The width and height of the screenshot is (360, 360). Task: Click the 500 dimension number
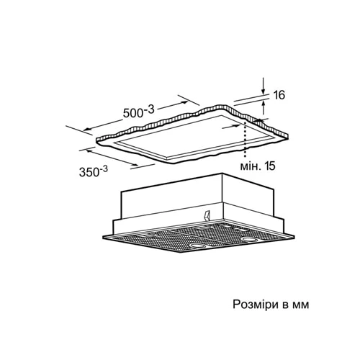tap(133, 113)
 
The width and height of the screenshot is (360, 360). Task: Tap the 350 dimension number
tap(89, 172)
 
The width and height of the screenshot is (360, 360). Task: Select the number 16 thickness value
tap(279, 95)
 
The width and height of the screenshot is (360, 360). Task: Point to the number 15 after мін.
tap(270, 166)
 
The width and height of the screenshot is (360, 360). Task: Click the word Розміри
tap(256, 305)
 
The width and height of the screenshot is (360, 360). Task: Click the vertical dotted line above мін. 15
tap(245, 139)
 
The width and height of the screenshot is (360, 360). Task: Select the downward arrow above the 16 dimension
tap(264, 86)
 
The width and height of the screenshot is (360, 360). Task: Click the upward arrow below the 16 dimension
tap(264, 107)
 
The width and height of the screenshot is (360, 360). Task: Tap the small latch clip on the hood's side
tap(207, 215)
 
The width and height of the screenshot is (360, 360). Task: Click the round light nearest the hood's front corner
tap(197, 246)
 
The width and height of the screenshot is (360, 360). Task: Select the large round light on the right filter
tap(248, 239)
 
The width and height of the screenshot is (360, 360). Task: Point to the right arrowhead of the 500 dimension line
tap(184, 102)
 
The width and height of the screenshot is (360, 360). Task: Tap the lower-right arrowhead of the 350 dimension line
tap(135, 164)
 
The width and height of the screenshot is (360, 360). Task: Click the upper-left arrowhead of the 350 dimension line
tap(90, 150)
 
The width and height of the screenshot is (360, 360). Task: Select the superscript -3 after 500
tap(148, 109)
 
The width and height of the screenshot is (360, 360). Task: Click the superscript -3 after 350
tap(104, 169)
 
